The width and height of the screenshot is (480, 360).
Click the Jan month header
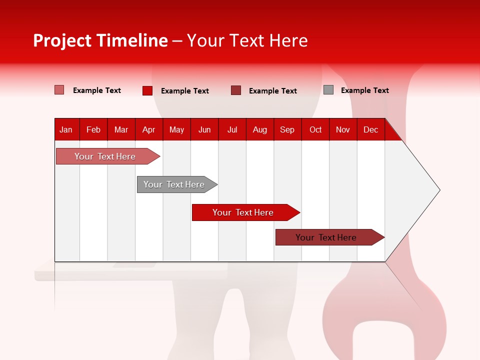66,129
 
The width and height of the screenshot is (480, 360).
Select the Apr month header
148,129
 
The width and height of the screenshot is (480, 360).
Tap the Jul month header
232,129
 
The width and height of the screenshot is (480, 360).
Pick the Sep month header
287,129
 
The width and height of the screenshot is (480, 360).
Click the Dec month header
370,129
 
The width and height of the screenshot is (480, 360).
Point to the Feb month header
93,129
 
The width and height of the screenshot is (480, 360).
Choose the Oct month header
315,129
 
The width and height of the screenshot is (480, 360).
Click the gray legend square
328,90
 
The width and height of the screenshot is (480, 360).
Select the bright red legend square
147,90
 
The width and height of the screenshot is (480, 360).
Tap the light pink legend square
59,90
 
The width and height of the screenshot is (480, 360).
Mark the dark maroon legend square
236,90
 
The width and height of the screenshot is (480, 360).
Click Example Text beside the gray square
364,90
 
